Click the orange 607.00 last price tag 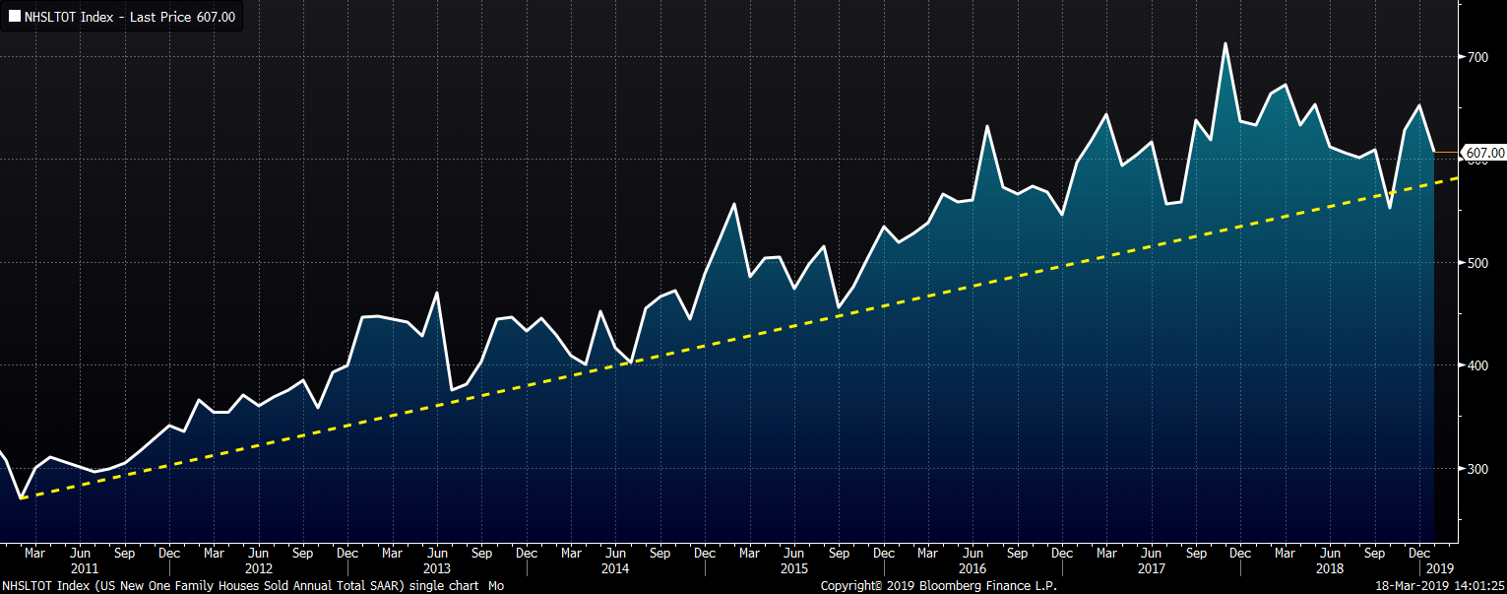pos(1484,153)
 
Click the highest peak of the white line pos(1225,43)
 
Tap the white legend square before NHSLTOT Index pos(15,17)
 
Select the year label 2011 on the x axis pos(84,568)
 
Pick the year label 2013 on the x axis pos(436,568)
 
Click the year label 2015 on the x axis pos(793,568)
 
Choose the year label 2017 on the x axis pos(1151,568)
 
